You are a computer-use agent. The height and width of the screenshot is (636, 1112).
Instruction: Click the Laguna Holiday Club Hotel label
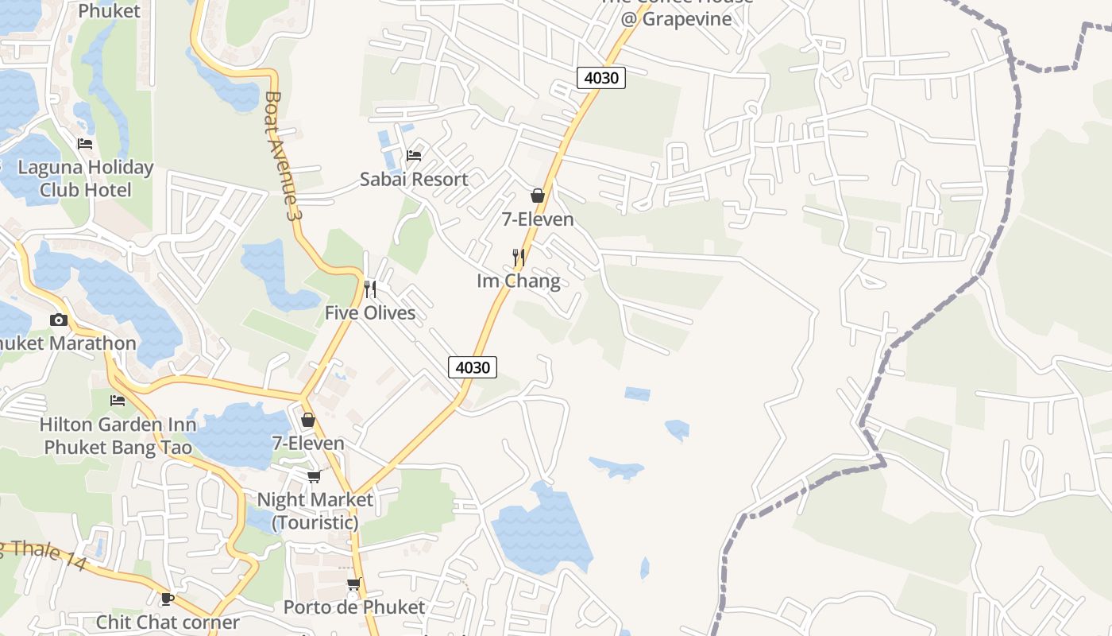click(85, 179)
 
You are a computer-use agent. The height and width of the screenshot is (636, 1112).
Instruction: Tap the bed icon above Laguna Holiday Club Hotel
click(85, 144)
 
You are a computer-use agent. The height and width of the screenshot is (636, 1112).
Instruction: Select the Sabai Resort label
click(414, 179)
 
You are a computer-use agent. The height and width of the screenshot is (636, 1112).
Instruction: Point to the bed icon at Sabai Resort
click(414, 154)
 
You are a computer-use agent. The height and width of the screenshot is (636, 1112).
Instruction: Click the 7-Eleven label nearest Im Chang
click(538, 219)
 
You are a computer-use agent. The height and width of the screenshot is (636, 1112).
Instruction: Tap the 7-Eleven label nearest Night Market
click(308, 443)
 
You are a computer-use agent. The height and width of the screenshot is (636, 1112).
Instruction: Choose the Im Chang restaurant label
click(519, 281)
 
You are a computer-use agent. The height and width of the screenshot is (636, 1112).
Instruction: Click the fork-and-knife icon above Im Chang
click(519, 257)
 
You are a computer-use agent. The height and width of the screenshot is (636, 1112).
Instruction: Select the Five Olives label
click(370, 312)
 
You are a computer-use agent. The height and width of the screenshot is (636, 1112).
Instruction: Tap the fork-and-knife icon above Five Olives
click(370, 289)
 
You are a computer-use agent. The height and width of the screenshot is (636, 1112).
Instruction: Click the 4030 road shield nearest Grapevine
click(601, 78)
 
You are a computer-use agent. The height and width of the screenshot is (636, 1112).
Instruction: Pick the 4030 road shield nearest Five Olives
click(473, 367)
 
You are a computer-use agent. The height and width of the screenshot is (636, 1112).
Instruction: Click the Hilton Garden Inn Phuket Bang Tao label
click(118, 436)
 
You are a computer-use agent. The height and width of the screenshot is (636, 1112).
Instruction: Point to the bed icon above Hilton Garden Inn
click(118, 401)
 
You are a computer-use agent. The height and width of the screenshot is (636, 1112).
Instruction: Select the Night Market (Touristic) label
click(315, 510)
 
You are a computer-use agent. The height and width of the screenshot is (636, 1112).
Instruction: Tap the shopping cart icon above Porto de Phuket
click(354, 584)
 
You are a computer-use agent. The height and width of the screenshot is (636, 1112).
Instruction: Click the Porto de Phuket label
click(354, 607)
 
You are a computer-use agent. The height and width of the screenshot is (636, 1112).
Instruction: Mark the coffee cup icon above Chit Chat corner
click(168, 599)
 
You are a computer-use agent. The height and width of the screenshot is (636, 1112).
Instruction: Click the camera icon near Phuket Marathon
click(59, 320)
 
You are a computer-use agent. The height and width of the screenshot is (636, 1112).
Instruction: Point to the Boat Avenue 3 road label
click(284, 156)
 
